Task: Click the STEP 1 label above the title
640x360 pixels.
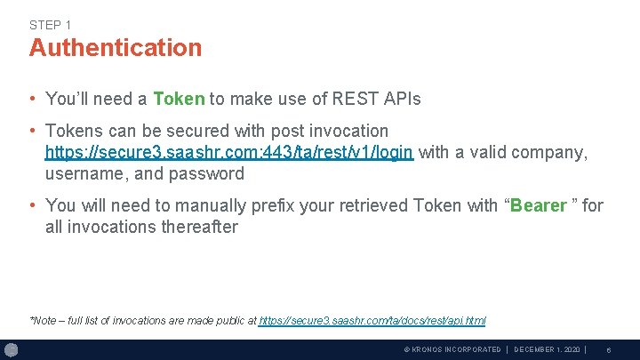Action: click(x=51, y=25)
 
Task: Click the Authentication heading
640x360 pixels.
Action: click(x=116, y=48)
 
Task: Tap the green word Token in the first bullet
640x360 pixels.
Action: click(x=179, y=99)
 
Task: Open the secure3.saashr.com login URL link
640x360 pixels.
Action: click(x=228, y=153)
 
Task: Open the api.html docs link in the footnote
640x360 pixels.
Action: click(x=372, y=321)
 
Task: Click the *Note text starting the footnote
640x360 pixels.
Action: click(x=43, y=321)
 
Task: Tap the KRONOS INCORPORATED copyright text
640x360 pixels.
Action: click(x=452, y=350)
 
